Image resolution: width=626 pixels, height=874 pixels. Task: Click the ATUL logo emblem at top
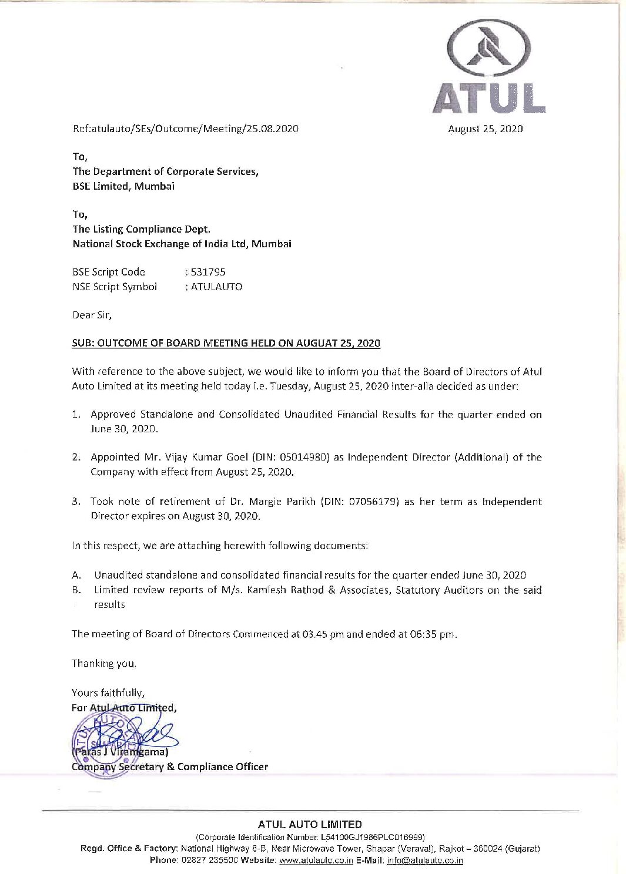(x=488, y=50)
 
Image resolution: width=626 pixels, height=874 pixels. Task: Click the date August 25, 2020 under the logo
(x=485, y=129)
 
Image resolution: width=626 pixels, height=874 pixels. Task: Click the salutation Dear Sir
(x=92, y=315)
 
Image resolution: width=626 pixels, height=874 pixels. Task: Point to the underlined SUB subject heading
(x=226, y=343)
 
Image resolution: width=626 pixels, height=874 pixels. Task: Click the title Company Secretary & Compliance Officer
(x=169, y=767)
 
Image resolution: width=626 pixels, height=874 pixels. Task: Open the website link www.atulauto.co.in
(x=316, y=860)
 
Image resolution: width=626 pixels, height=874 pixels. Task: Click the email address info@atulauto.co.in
(x=425, y=860)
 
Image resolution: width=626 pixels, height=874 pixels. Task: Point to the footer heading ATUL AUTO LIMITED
(x=310, y=825)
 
